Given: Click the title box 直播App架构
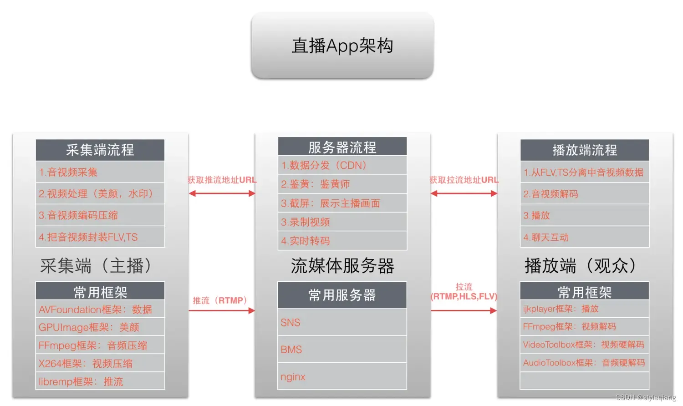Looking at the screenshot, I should click(x=342, y=46).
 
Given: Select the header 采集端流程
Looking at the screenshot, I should click(x=100, y=150).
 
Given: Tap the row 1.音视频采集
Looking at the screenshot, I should click(x=100, y=172).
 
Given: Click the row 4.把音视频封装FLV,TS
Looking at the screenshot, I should click(x=100, y=237).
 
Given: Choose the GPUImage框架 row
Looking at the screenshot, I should click(x=100, y=327).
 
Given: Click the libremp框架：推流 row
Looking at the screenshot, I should click(x=100, y=381).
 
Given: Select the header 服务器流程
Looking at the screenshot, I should click(x=342, y=147).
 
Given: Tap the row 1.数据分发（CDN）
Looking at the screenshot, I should click(x=342, y=165).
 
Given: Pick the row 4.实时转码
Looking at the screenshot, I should click(x=342, y=241).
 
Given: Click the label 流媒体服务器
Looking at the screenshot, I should click(x=342, y=266).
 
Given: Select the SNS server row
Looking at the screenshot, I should click(x=342, y=323).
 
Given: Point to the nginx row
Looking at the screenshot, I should click(x=342, y=377).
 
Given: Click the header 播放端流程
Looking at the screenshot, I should click(x=585, y=150).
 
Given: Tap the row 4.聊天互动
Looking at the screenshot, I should click(x=585, y=237).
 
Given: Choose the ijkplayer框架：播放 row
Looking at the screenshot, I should click(x=585, y=309).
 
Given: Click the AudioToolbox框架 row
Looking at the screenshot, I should click(x=585, y=363).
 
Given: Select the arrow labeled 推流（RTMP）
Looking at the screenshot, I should click(x=222, y=311).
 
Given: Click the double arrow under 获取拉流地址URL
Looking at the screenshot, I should click(x=464, y=193).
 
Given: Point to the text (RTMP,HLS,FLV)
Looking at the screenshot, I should click(x=464, y=297).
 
